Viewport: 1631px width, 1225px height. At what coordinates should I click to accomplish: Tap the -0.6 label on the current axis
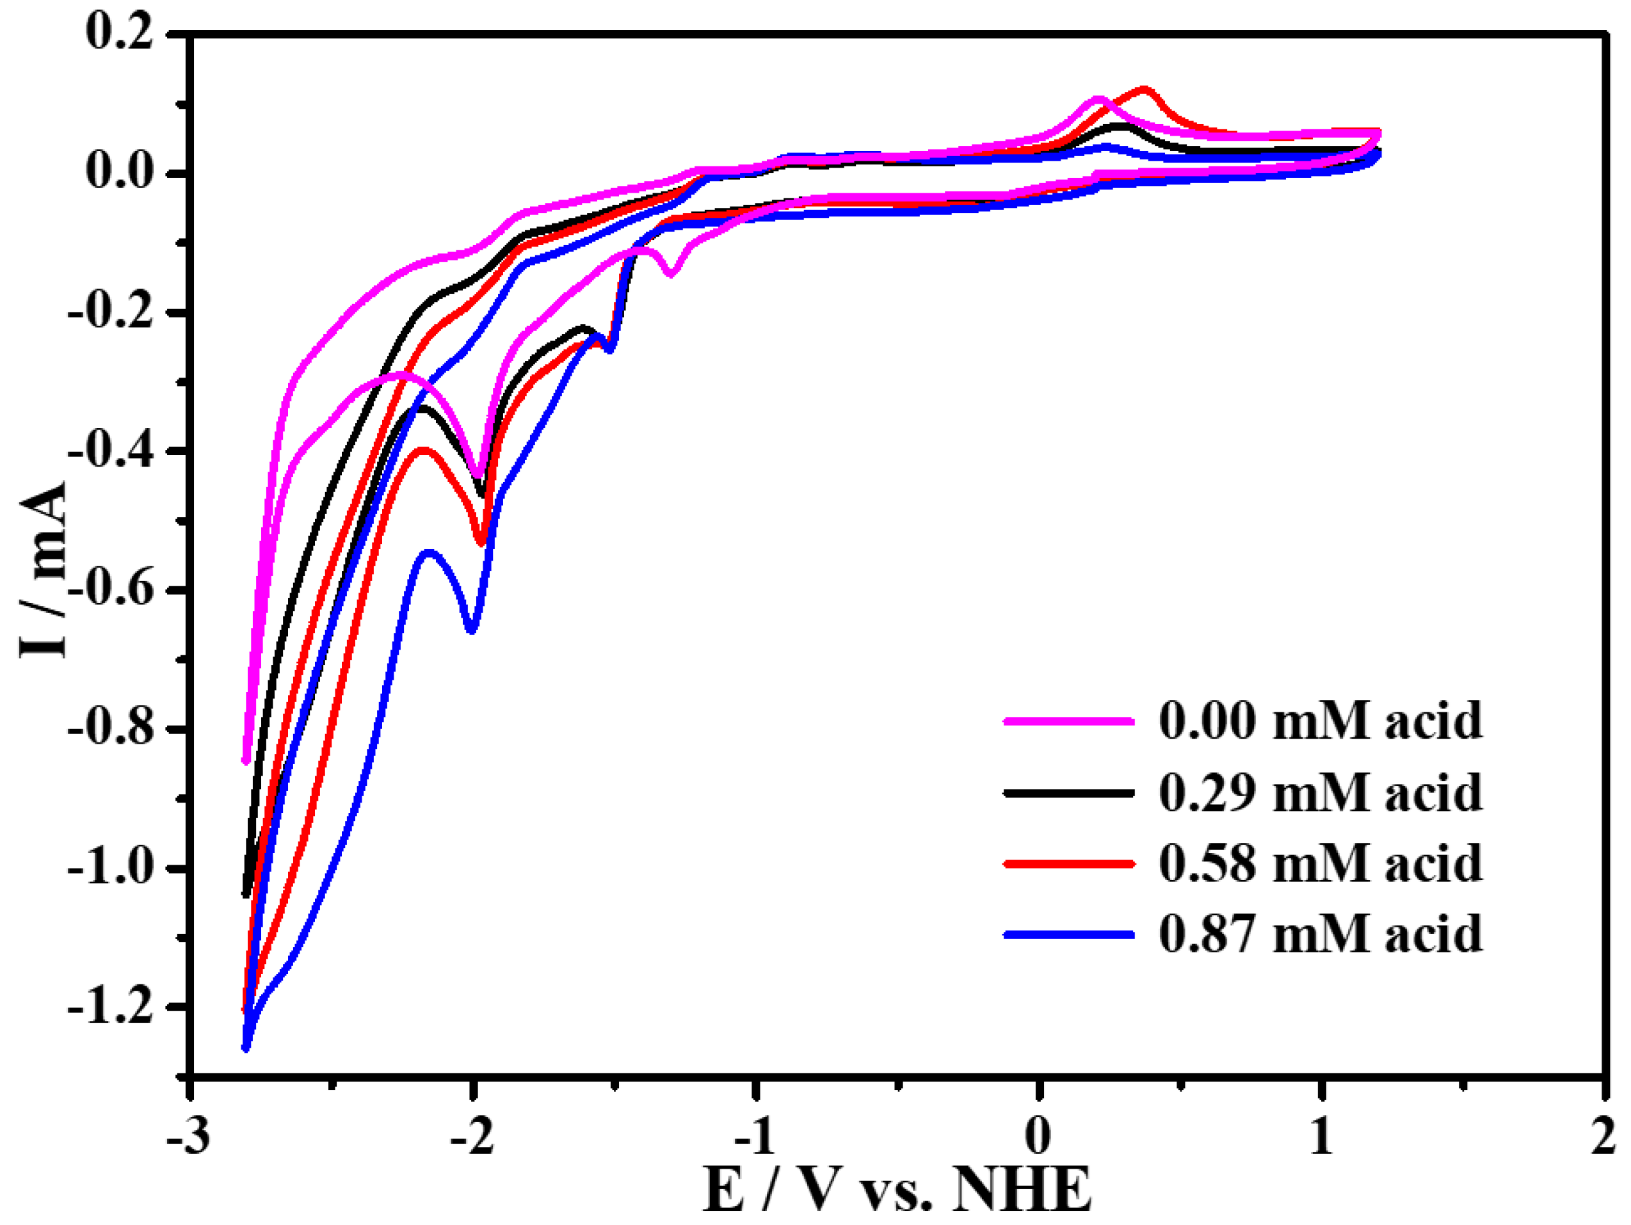coord(111,589)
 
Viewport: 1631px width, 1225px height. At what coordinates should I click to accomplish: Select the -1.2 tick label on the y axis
coord(111,1006)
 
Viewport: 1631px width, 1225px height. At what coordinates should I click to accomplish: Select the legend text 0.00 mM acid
coord(1320,721)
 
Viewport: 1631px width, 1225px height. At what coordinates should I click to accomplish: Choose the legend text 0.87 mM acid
coord(1320,934)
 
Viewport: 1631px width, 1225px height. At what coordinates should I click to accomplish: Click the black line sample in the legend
coord(1068,793)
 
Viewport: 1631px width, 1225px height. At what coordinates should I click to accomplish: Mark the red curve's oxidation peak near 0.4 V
coord(1144,90)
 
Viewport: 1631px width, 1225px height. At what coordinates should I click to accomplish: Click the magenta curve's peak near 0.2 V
coord(1098,99)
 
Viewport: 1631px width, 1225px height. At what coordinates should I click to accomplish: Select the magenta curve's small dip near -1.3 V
coord(670,274)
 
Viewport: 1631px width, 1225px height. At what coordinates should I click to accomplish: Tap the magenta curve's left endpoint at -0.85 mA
coord(246,760)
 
